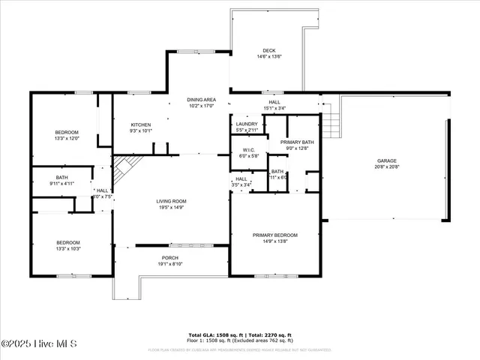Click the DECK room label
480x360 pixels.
coord(268,51)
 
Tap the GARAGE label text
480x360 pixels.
coord(386,161)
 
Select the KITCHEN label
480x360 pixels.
coord(141,124)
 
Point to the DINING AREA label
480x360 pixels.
coord(201,100)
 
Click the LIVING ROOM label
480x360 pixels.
coord(171,201)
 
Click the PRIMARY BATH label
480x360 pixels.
coord(297,142)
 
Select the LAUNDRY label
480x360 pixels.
coord(247,124)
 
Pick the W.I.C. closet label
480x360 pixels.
coord(248,150)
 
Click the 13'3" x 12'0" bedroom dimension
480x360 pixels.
coord(66,139)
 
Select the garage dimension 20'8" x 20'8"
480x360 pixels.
coord(386,167)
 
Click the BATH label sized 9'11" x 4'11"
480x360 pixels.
coord(61,178)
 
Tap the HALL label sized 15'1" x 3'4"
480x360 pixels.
coord(274,102)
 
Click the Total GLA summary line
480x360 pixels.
coord(239,334)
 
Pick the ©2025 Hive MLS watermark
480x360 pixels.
coord(39,343)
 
